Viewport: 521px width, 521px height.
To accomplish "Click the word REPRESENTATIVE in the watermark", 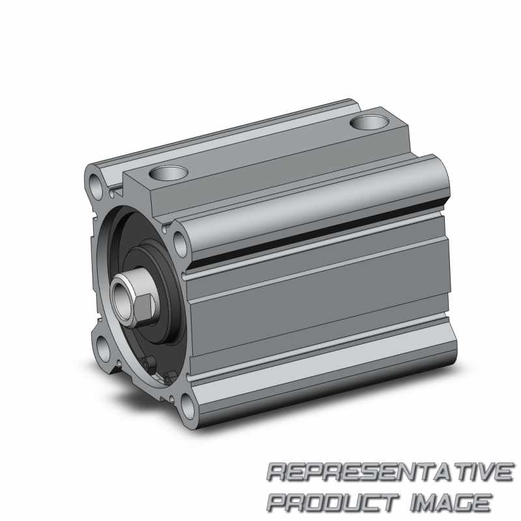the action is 389,472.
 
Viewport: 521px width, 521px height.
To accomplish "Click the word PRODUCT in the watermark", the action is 332,501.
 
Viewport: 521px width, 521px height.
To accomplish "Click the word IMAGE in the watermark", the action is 451,501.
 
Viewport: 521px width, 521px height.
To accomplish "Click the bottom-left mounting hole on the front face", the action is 104,348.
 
